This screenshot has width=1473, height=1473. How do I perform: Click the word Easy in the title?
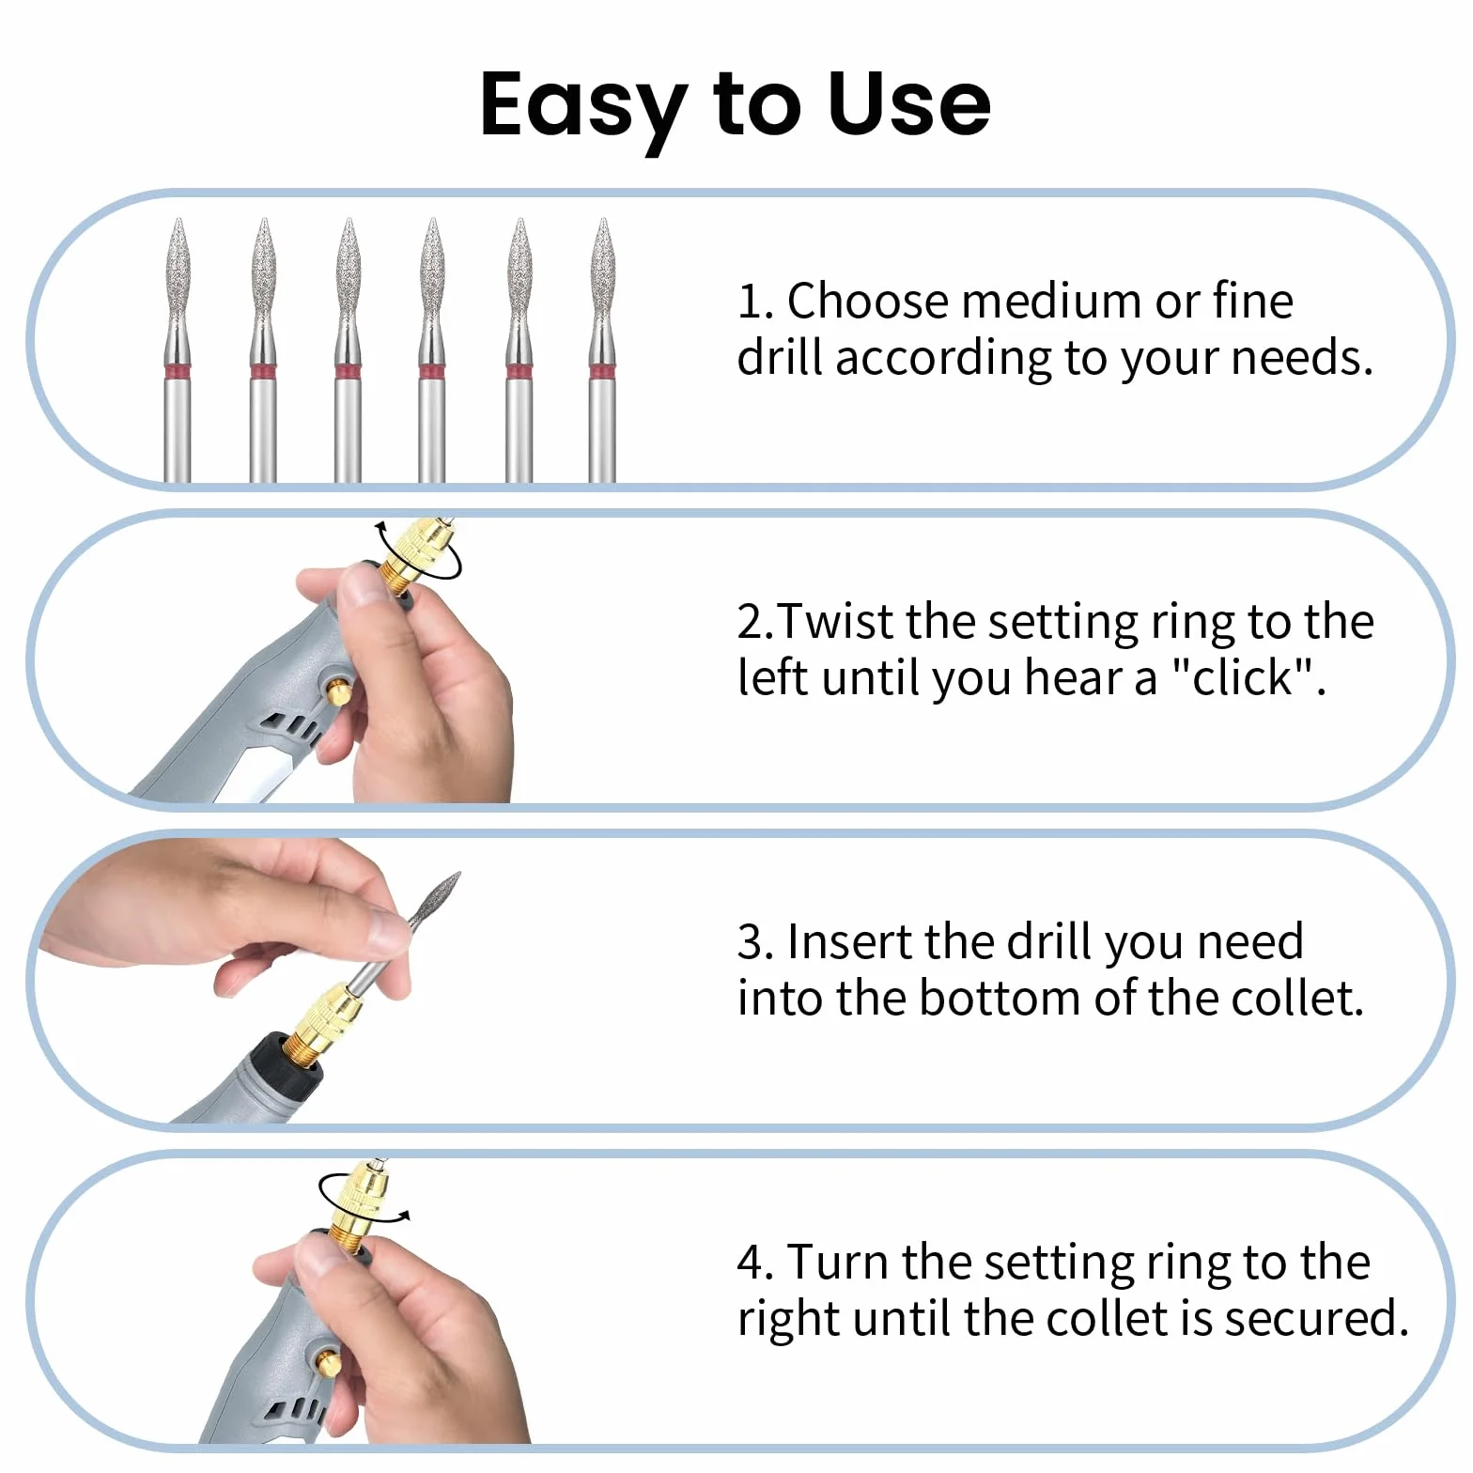point(584,105)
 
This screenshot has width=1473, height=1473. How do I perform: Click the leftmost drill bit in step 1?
point(178,350)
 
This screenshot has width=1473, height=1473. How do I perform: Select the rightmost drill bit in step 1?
point(603,350)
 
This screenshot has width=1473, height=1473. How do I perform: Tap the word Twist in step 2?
point(838,621)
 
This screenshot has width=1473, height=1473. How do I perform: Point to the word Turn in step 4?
point(838,1262)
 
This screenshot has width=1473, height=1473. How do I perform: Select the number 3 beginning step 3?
point(751,942)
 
